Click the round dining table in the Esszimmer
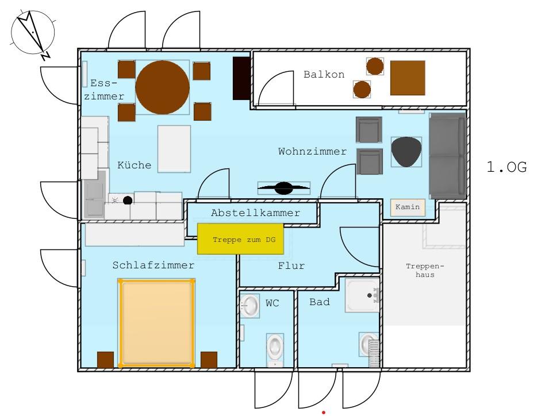coord(163,87)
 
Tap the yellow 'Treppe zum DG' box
coord(240,238)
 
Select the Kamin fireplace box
coord(408,207)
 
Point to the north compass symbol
coord(32,34)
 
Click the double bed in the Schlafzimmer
coord(156,323)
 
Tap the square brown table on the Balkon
coord(408,78)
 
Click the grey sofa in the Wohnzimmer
coord(447,156)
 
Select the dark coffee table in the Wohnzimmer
coord(406,152)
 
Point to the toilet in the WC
coord(275,348)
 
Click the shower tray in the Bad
coord(362,295)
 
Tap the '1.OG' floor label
coord(506,167)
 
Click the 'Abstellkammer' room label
coord(256,213)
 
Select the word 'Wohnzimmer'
coord(312,151)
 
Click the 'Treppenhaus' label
coord(425,270)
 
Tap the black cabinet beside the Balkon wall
coord(241,78)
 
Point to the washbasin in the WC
coord(249,306)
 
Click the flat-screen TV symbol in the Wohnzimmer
coord(284,188)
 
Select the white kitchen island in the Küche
coord(174,149)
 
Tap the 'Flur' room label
coord(291,266)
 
